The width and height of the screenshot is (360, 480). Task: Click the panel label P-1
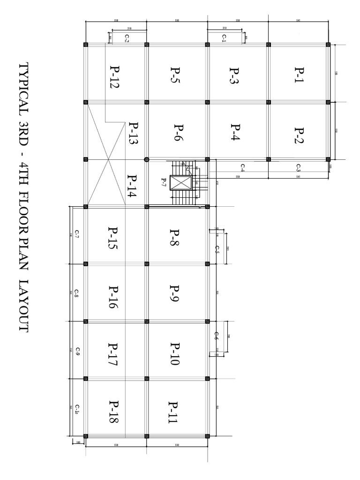pos(299,74)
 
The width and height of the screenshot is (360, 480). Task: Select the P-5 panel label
pos(176,74)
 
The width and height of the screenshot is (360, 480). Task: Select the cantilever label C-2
pos(127,39)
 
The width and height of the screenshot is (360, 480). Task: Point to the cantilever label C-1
pos(225,38)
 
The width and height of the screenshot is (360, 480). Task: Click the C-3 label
pos(299,167)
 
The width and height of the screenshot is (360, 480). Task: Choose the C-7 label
pos(76,234)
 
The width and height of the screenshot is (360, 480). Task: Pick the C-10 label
pos(76,409)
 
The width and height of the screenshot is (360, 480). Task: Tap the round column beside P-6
pos(147,159)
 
